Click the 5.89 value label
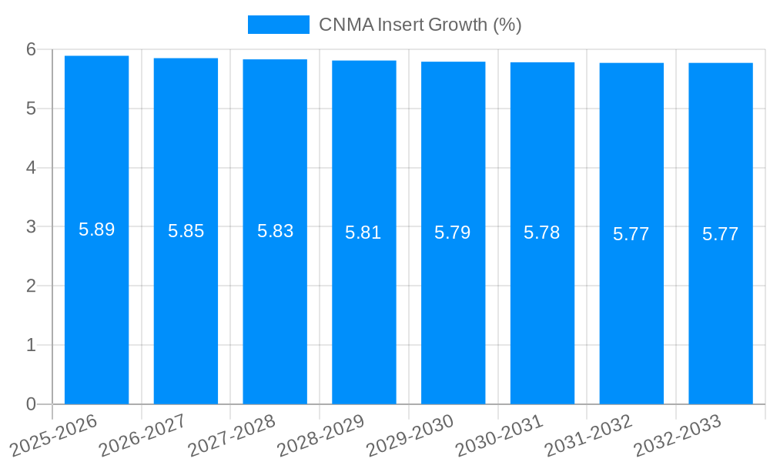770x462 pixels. [x=96, y=229]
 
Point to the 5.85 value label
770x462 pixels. [x=186, y=231]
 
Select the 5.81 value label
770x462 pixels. [x=363, y=233]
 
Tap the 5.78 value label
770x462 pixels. [x=541, y=233]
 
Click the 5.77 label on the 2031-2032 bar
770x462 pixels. [x=631, y=234]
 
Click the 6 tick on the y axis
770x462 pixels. [x=31, y=49]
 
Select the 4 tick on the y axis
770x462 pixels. [x=31, y=168]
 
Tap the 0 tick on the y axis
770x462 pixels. [x=31, y=404]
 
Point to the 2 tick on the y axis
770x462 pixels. [x=31, y=286]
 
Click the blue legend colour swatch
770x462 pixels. [x=278, y=25]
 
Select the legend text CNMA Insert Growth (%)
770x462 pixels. [x=420, y=25]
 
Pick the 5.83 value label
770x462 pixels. [x=275, y=231]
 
